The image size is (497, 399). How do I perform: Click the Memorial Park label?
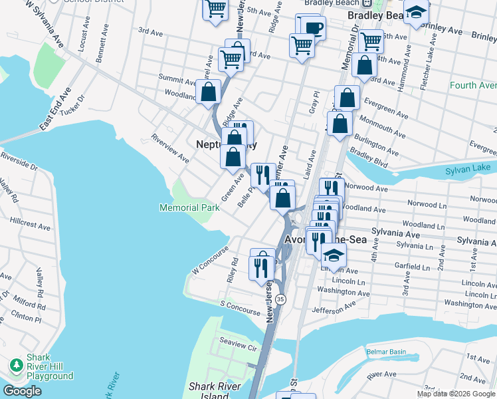coord(189,207)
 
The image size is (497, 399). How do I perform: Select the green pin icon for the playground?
coord(15,365)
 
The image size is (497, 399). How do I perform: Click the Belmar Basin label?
coord(385,351)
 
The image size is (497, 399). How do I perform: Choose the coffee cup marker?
coord(313,28)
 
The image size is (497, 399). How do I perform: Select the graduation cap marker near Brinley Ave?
coord(416,13)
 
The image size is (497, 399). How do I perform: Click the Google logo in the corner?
coord(22,391)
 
